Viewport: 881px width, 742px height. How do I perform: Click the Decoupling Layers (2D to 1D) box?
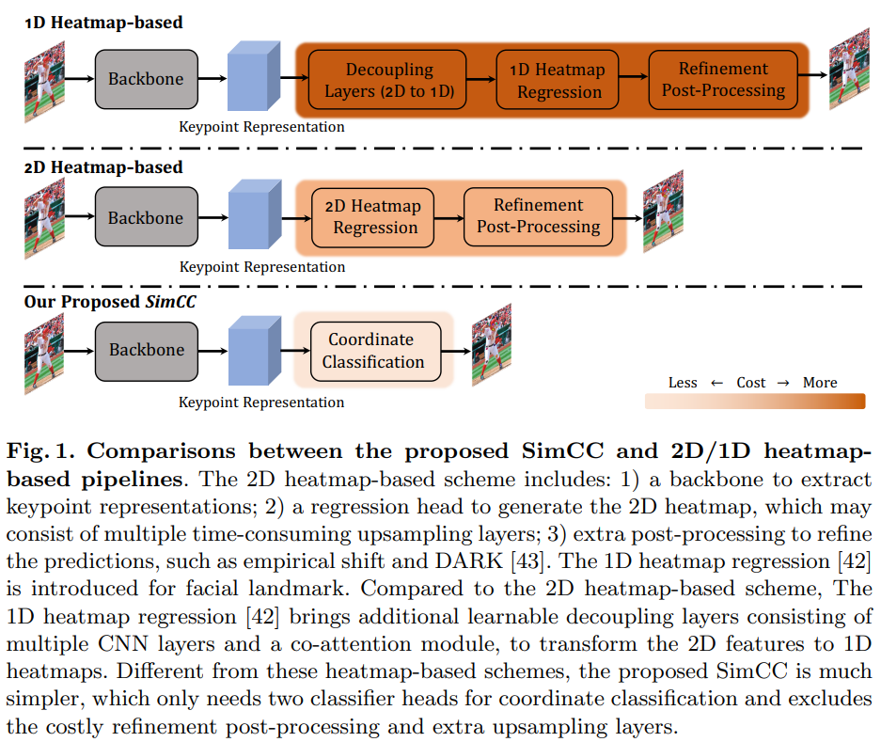pos(390,80)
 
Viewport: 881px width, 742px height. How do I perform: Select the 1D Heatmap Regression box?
pos(558,81)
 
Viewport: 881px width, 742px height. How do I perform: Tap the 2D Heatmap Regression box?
pos(375,216)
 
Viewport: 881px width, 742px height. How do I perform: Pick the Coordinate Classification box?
pos(373,351)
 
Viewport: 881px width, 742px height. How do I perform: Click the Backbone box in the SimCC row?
pos(147,350)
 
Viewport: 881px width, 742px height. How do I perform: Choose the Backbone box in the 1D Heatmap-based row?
pos(146,79)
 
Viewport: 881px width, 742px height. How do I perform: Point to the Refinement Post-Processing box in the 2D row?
pos(538,216)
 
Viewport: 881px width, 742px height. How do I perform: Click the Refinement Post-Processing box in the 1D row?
pos(723,80)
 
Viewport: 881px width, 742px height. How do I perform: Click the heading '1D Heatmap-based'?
pos(103,22)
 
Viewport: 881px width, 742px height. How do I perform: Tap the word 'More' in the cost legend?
pos(820,383)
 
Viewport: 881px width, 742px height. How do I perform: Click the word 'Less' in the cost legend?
pos(683,383)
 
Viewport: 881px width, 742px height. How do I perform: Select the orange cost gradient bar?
pos(754,402)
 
